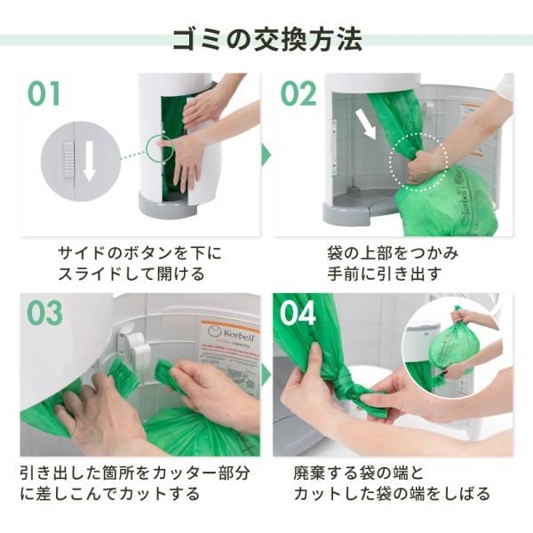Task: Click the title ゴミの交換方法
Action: pos(267,39)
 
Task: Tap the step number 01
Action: pos(44,93)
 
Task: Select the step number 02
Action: pos(298,93)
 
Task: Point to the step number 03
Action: pos(45,313)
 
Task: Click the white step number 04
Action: pos(298,313)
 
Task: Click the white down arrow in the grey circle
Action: pos(90,161)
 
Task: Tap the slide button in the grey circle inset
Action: pos(68,160)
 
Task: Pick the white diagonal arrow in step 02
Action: pos(365,124)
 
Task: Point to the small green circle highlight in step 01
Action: pos(160,148)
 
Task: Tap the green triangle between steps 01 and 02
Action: pos(266,155)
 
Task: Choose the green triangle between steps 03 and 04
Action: pos(266,375)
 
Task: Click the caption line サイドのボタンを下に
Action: pos(139,253)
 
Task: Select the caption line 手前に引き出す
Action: pos(385,274)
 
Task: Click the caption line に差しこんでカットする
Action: pos(110,494)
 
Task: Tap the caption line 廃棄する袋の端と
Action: pos(358,473)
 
